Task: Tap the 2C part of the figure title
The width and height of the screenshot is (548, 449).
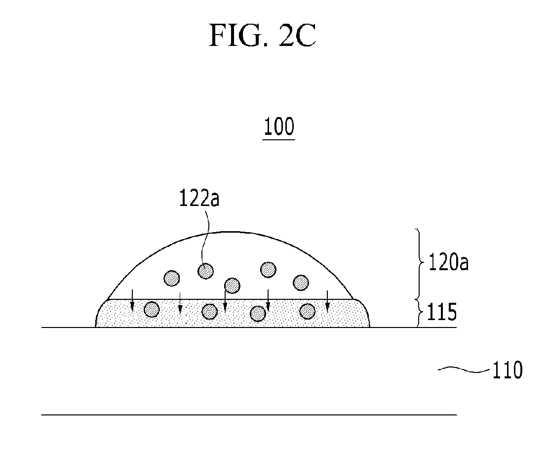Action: click(x=297, y=36)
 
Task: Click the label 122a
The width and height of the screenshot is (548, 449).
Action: click(x=199, y=198)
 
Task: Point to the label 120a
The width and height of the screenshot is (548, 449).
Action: click(x=448, y=263)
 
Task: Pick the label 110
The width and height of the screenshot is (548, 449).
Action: click(x=508, y=370)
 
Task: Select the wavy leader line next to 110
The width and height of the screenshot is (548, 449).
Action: click(x=464, y=369)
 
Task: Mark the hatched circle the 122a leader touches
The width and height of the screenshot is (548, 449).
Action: click(x=205, y=271)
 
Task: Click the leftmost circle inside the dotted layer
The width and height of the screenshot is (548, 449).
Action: click(x=152, y=309)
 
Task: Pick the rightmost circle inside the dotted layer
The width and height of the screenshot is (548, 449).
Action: click(x=308, y=311)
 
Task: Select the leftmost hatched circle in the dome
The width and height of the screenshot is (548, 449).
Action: click(x=172, y=278)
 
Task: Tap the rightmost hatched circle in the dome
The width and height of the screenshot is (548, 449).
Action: click(x=301, y=283)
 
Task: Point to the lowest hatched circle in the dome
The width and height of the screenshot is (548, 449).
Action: click(x=232, y=286)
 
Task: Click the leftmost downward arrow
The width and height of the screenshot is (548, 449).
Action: click(x=132, y=300)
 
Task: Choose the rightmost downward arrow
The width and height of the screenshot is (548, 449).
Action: click(x=327, y=301)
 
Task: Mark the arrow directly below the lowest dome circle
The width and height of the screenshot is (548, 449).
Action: click(x=226, y=301)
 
